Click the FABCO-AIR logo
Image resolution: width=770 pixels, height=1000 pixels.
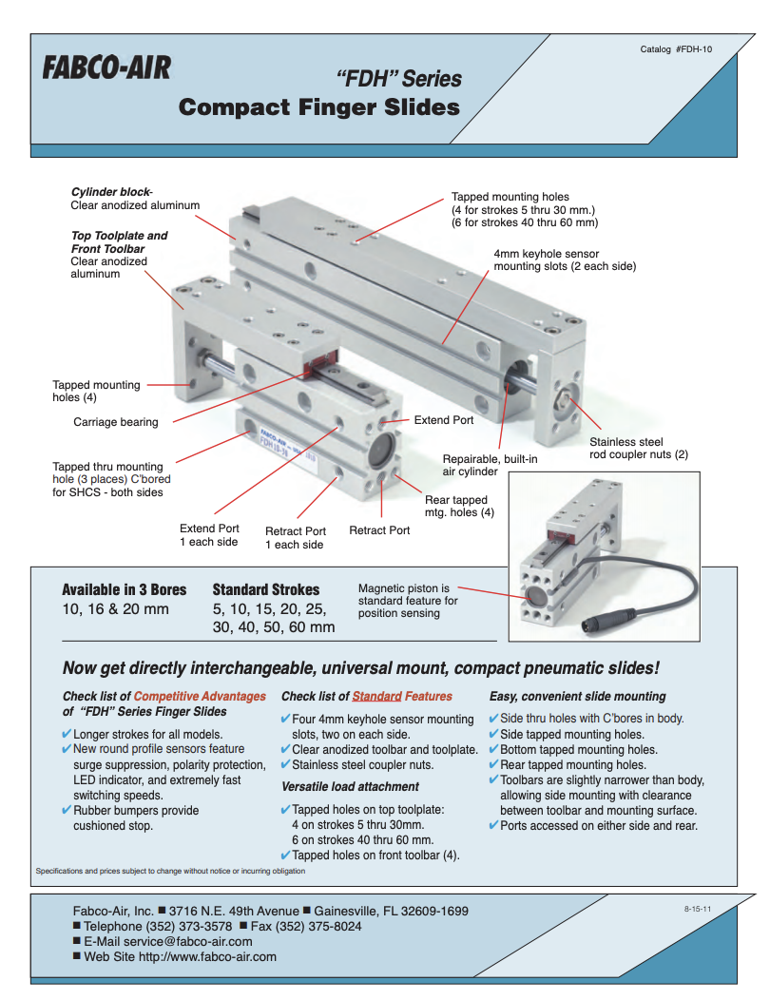coord(106,68)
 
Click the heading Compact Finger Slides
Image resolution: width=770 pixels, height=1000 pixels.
coord(318,106)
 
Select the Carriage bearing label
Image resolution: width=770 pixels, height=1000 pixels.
coord(116,421)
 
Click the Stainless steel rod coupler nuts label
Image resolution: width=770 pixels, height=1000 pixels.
coord(638,448)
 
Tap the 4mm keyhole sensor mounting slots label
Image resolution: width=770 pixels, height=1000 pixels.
coord(565,260)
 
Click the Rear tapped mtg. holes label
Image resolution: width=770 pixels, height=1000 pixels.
coord(459,506)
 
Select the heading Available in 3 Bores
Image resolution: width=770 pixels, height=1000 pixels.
coord(125,589)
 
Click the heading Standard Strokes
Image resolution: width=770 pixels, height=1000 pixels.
coord(266,589)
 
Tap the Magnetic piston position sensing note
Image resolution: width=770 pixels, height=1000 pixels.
coord(408,601)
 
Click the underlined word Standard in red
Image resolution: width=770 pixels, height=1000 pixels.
coord(376,696)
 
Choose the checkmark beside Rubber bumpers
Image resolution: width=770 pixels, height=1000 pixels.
coord(66,811)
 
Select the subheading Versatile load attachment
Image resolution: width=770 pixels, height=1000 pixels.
coord(350,786)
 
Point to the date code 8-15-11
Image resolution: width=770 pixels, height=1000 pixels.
coord(698,910)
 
